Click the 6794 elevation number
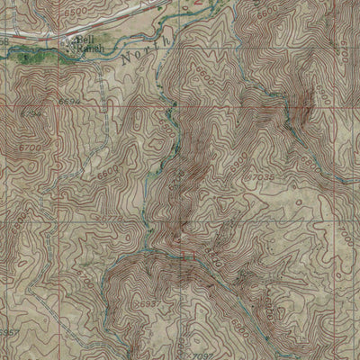(31, 114)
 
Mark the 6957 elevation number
(7, 332)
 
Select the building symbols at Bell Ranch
(68, 44)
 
